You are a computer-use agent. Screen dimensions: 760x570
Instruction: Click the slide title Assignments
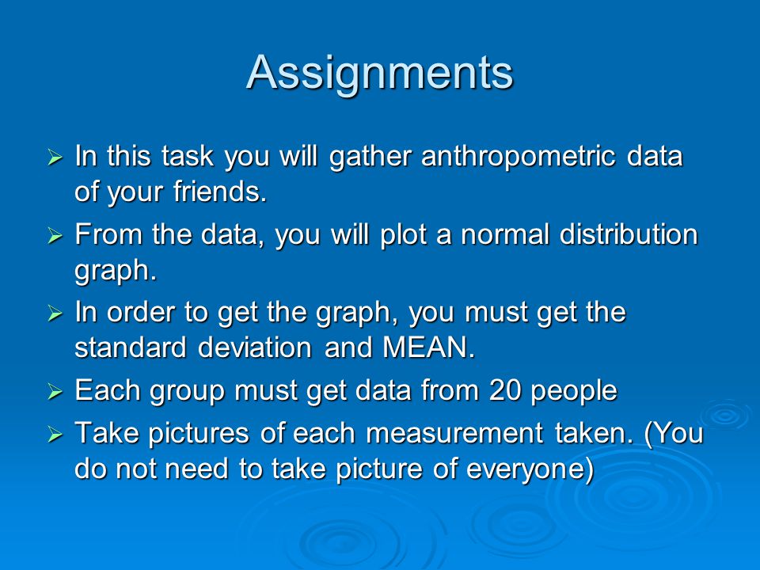tap(380, 74)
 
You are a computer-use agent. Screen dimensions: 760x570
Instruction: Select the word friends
tap(219, 191)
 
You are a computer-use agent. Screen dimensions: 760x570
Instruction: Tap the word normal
tap(504, 234)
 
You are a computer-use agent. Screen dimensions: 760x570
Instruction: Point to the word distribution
tap(629, 234)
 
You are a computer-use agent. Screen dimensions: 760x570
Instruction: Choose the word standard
tap(130, 348)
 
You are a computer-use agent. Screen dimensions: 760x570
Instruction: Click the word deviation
tap(254, 348)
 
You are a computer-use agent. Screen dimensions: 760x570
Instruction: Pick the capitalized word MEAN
tap(428, 348)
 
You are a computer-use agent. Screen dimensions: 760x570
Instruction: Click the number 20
tap(504, 390)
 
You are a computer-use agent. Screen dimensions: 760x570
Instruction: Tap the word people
tap(575, 393)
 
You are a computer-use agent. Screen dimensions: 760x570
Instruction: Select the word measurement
tap(454, 433)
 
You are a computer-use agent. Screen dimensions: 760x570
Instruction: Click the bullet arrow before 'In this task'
tap(55, 158)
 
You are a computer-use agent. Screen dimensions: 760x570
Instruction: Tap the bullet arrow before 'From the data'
tap(55, 236)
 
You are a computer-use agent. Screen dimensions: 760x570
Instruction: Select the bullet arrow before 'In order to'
tap(55, 313)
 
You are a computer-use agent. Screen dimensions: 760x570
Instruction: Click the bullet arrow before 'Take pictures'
tap(55, 434)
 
